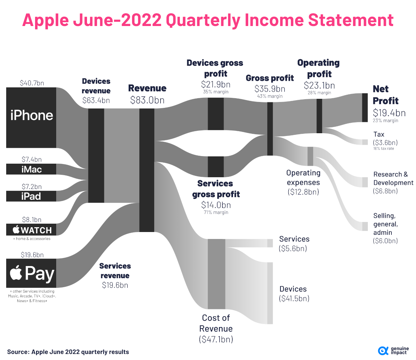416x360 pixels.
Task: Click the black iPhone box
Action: pos(31,117)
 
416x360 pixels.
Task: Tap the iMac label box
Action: pos(31,169)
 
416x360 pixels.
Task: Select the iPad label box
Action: pos(31,196)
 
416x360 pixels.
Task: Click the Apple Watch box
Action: pos(31,230)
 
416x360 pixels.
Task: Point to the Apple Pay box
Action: pos(31,273)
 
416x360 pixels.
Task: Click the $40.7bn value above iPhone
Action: pos(32,83)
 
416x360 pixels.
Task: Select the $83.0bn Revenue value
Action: pos(147,100)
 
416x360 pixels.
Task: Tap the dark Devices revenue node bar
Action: pos(96,155)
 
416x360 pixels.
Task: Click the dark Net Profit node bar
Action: pos(365,108)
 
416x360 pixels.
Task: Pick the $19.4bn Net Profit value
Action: pos(389,113)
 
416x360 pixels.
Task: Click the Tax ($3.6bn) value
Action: pos(385,143)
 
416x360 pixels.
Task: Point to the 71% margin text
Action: pos(216,212)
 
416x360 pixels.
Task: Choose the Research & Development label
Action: pos(393,178)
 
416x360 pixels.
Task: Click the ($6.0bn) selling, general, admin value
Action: pos(385,241)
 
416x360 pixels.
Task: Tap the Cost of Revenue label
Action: pos(216,323)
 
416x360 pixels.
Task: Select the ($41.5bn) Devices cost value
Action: pos(294,298)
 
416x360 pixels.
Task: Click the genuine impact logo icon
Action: pos(383,351)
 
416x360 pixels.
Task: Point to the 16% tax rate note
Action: pos(383,148)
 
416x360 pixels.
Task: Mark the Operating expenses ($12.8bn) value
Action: pos(303,192)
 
